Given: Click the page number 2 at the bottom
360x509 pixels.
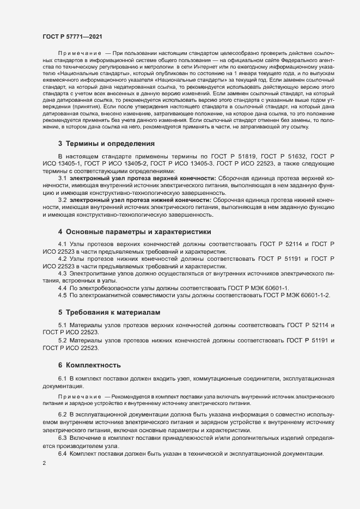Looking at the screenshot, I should [45, 463].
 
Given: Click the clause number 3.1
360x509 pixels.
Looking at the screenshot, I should [62, 178].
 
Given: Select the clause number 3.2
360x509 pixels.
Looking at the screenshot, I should [62, 200].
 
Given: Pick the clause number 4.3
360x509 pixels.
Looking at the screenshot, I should [62, 273].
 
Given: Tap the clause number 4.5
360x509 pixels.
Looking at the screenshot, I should [62, 295].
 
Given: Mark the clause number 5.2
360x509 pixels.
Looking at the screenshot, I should [62, 340].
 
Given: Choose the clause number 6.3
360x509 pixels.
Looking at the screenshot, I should [62, 438].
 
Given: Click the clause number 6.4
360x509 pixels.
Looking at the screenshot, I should [62, 453].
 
